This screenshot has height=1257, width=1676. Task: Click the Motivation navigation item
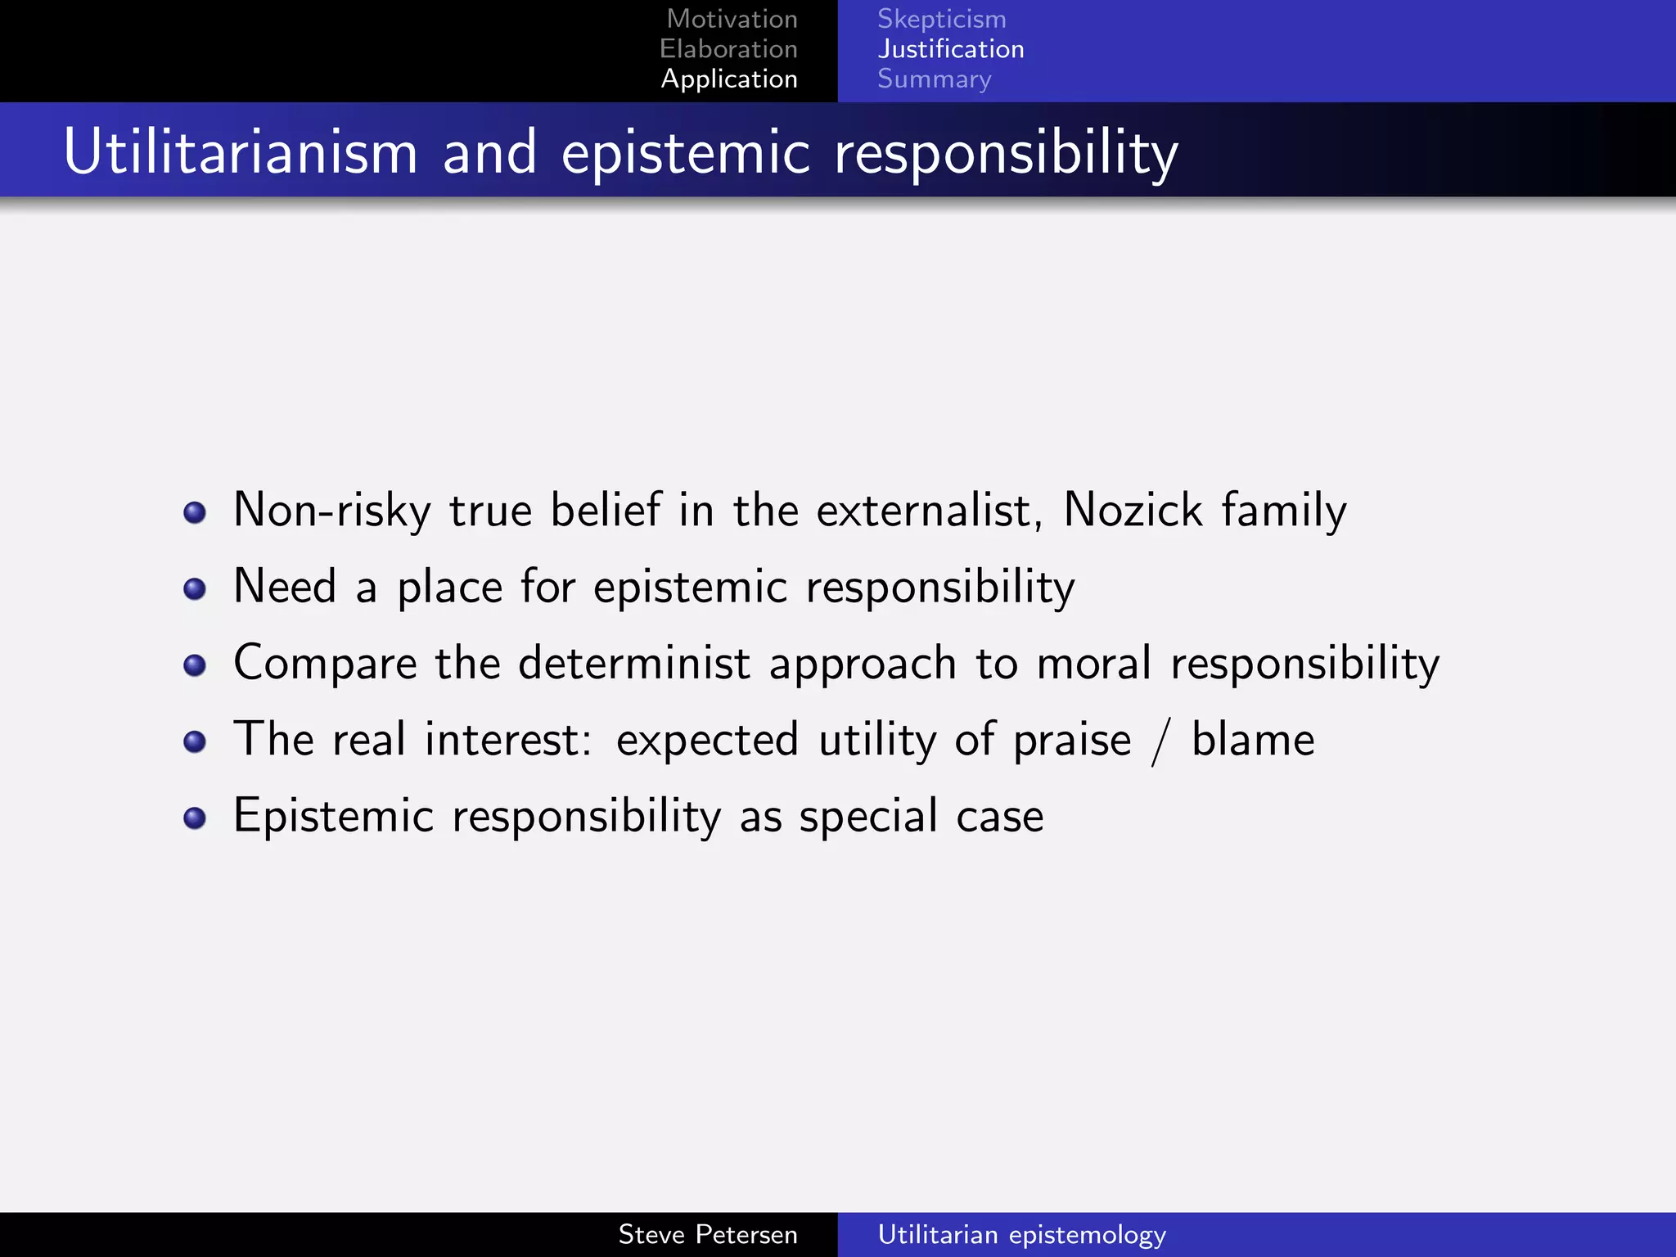tap(732, 19)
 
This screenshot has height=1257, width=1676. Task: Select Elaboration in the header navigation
tap(728, 49)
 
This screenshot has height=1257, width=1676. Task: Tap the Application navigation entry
tap(729, 79)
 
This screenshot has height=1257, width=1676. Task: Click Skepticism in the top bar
tap(941, 19)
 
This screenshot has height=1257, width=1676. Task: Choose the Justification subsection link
tap(950, 49)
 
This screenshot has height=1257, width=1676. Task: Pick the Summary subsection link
tap(934, 79)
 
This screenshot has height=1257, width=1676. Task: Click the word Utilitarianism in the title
tap(241, 152)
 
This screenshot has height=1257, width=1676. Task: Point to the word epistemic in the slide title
tap(686, 154)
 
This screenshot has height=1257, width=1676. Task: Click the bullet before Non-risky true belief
tap(195, 513)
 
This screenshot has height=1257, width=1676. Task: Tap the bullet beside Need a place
tap(195, 589)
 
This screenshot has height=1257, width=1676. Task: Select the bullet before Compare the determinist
tap(195, 665)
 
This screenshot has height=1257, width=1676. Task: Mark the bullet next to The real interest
tap(195, 742)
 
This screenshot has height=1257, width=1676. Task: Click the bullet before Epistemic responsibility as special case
tap(195, 818)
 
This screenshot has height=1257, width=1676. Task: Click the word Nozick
tap(1133, 510)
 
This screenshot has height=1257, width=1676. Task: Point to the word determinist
tap(634, 663)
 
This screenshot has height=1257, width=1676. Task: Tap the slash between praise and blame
tap(1160, 741)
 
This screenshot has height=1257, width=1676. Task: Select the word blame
tap(1252, 739)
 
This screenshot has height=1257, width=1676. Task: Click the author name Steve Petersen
tap(707, 1234)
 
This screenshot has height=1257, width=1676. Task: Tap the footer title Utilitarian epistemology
tap(1021, 1234)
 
